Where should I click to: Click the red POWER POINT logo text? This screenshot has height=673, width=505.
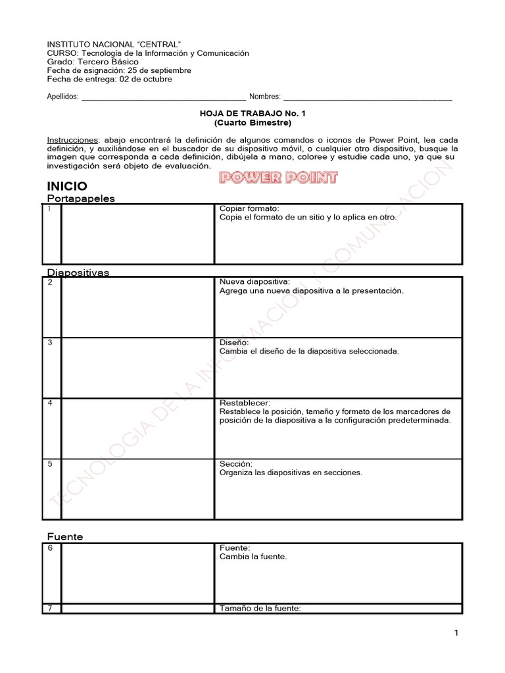pyautogui.click(x=278, y=177)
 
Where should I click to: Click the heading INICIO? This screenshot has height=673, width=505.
pyautogui.click(x=67, y=186)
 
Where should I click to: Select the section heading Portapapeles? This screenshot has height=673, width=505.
pyautogui.click(x=81, y=198)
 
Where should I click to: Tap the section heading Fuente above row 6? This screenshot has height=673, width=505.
pyautogui.click(x=65, y=537)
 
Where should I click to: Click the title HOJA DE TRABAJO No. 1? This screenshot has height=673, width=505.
pyautogui.click(x=252, y=113)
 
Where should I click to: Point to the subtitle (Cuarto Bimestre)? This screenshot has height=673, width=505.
pyautogui.click(x=252, y=122)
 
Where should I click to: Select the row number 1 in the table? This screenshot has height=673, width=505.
pyautogui.click(x=50, y=209)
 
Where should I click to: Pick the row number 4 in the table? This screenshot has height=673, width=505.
pyautogui.click(x=51, y=403)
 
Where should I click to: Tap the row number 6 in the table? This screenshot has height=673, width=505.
pyautogui.click(x=51, y=547)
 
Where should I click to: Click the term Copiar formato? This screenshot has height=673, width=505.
pyautogui.click(x=249, y=208)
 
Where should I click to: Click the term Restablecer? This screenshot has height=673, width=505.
pyautogui.click(x=245, y=402)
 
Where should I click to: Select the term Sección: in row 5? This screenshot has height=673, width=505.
pyautogui.click(x=236, y=463)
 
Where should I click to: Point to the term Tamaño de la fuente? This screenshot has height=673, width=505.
pyautogui.click(x=260, y=609)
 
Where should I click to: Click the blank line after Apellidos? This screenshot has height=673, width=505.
pyautogui.click(x=163, y=97)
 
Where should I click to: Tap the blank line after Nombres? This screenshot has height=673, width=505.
pyautogui.click(x=368, y=97)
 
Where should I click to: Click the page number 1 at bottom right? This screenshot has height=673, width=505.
pyautogui.click(x=456, y=633)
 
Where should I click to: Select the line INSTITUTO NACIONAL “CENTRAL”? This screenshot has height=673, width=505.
pyautogui.click(x=114, y=43)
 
